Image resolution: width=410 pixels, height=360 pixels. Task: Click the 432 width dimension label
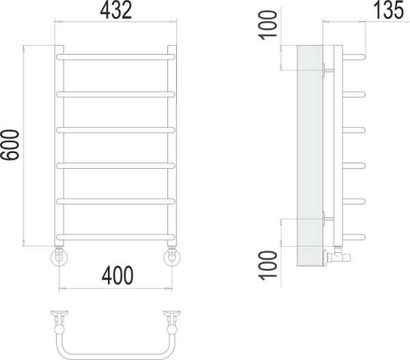(115, 10)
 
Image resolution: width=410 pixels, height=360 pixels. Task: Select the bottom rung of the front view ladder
(115, 236)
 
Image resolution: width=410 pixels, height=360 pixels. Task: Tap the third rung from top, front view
(115, 129)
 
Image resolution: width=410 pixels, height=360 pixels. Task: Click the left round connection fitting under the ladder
(59, 258)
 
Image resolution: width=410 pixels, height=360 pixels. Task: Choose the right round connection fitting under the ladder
(172, 258)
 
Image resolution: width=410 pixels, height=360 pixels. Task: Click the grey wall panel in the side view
(310, 157)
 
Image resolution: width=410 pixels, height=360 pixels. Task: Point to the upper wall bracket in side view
(327, 68)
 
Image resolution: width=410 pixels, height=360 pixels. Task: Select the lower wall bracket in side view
(327, 219)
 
